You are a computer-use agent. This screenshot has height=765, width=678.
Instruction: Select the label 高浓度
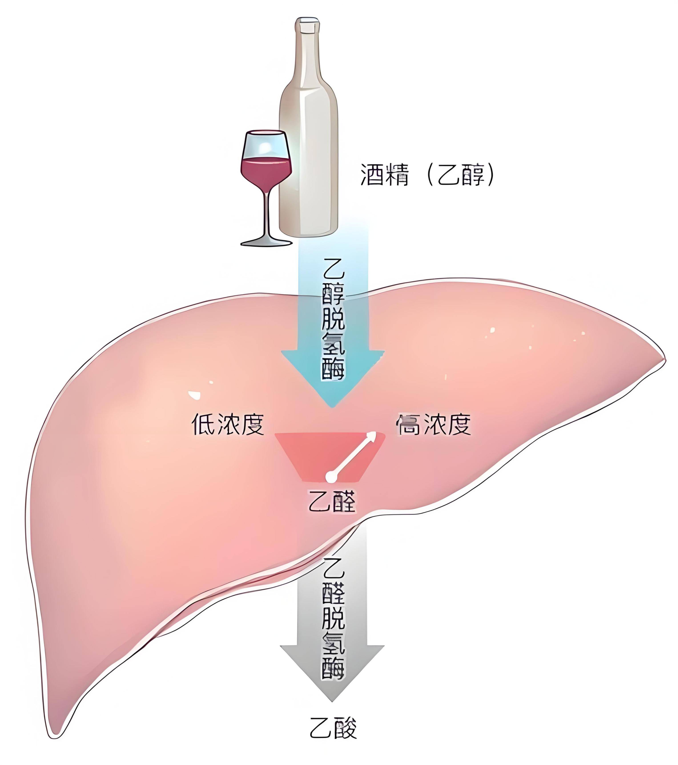433,424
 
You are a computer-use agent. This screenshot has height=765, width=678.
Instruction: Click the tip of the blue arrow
331,407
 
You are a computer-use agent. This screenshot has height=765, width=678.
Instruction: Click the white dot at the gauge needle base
331,476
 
